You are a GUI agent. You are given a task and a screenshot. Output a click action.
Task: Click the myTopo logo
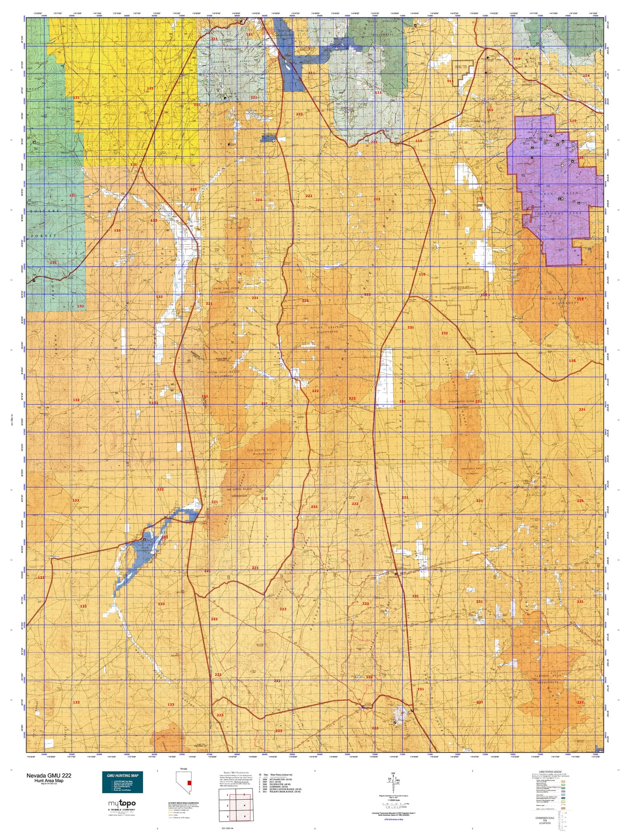(x=122, y=804)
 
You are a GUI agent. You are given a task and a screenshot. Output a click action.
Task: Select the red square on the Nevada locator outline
(x=190, y=783)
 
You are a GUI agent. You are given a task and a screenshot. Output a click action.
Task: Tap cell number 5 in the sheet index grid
(x=227, y=816)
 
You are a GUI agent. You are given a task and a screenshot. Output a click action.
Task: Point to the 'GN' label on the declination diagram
(x=393, y=773)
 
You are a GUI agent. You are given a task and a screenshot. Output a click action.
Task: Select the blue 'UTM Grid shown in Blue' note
(x=393, y=819)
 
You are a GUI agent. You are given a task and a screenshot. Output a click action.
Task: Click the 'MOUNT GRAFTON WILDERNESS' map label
(x=327, y=329)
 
